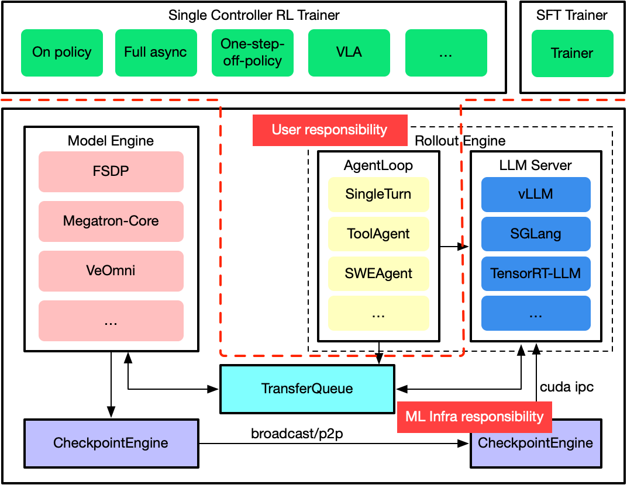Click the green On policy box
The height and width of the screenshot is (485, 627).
pyautogui.click(x=62, y=53)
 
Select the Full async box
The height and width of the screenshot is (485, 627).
pyautogui.click(x=156, y=53)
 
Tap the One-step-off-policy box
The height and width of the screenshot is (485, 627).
pyautogui.click(x=252, y=53)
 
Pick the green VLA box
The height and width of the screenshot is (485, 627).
pyautogui.click(x=349, y=53)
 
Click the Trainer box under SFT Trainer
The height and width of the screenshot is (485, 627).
pyautogui.click(x=572, y=54)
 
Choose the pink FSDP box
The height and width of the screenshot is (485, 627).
pyautogui.click(x=111, y=172)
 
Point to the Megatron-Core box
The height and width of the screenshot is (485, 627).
pyautogui.click(x=111, y=221)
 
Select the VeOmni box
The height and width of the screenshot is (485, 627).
pyautogui.click(x=111, y=271)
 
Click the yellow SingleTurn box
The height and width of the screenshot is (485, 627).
pyautogui.click(x=378, y=195)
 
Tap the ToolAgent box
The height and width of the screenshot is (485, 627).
pyautogui.click(x=378, y=234)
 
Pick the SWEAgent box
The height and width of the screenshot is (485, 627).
pyautogui.click(x=378, y=273)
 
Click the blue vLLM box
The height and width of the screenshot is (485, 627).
pyautogui.click(x=536, y=195)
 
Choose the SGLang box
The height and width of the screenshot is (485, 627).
pyautogui.click(x=536, y=234)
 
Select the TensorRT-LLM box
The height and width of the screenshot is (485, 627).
pyautogui.click(x=536, y=273)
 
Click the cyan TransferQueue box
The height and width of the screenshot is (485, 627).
pyautogui.click(x=307, y=389)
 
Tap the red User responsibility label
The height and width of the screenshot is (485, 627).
pyautogui.click(x=329, y=130)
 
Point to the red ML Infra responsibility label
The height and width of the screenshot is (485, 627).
pyautogui.click(x=474, y=417)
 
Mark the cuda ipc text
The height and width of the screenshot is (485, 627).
pyautogui.click(x=567, y=387)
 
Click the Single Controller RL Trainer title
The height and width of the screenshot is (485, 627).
pyautogui.click(x=254, y=15)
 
